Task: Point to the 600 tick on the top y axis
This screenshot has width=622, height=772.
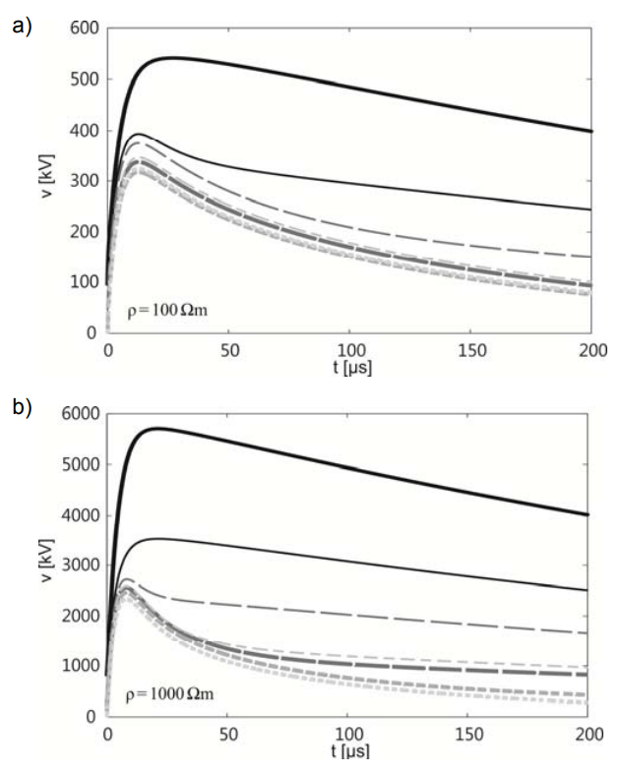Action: pyautogui.click(x=85, y=29)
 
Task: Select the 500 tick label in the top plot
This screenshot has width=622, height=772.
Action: pyautogui.click(x=85, y=80)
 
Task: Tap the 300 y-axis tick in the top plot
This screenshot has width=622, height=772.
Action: pyautogui.click(x=85, y=181)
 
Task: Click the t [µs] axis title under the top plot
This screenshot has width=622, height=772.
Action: pyautogui.click(x=349, y=366)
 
